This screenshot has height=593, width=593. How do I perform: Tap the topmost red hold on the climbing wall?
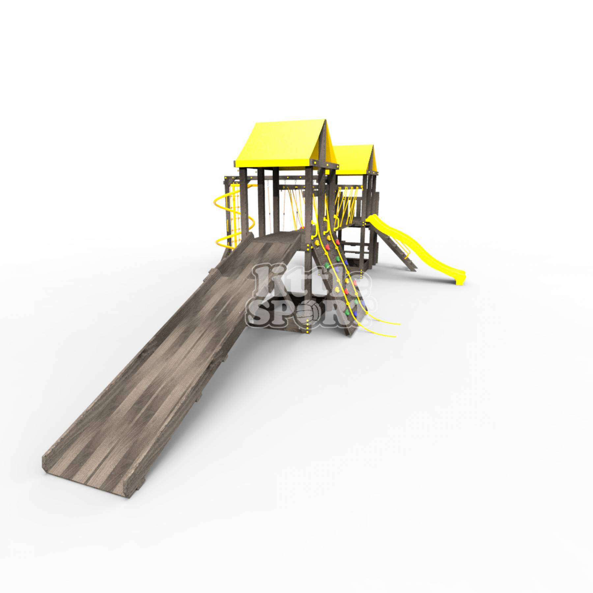coord(328,246)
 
